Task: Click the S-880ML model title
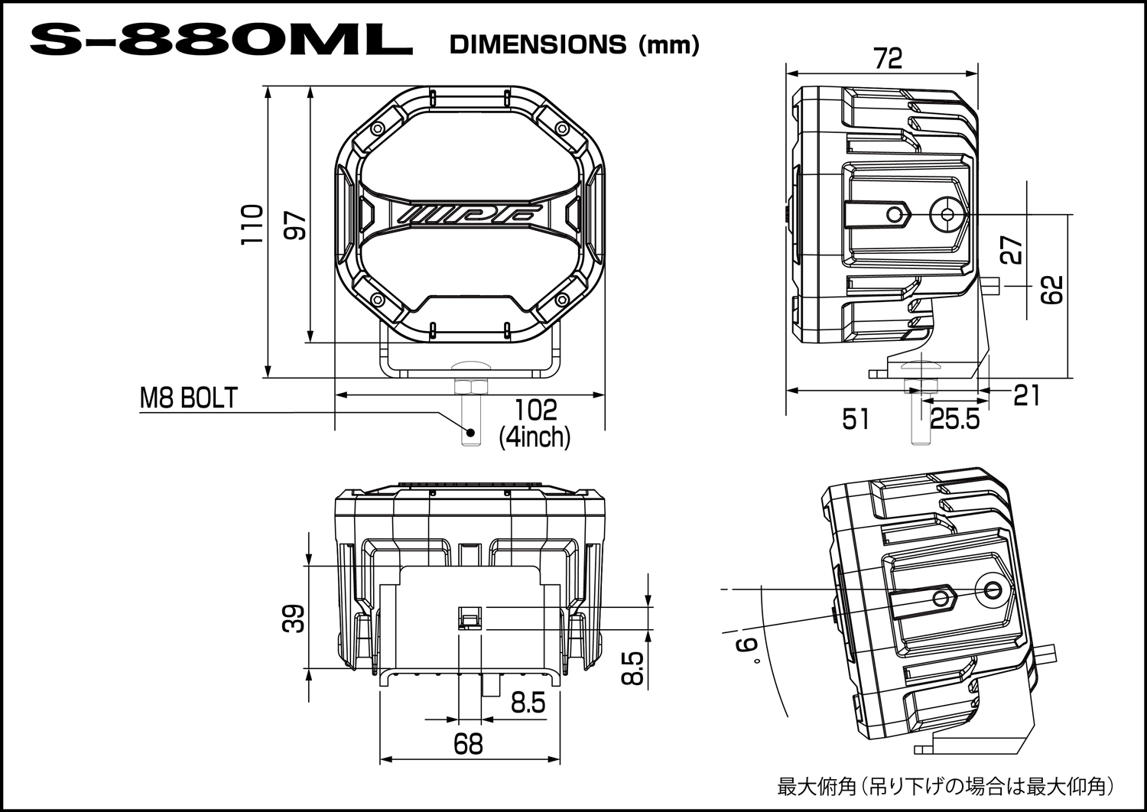coord(221,44)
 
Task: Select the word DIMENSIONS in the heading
coord(538,45)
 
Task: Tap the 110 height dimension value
coord(252,224)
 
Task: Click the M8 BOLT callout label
coord(189,398)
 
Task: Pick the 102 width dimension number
coord(535,411)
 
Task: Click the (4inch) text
coord(535,437)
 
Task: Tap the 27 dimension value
coord(1012,249)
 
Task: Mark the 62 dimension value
coord(1053,290)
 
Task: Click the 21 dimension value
coord(1027,395)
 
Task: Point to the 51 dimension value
coord(856,419)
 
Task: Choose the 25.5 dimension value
coord(954,419)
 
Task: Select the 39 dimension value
coord(294,618)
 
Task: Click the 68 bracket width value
coord(468,743)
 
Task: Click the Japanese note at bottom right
coord(945,786)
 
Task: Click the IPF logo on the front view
coord(471,212)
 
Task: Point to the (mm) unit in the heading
coord(668,45)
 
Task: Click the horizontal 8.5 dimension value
coord(528,703)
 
